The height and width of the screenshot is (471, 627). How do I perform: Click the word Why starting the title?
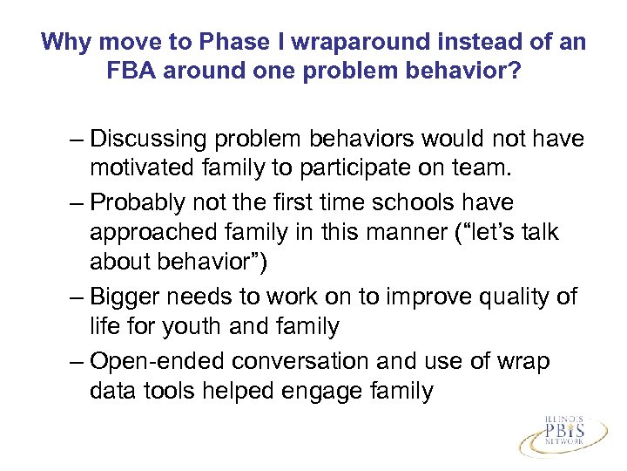(x=64, y=42)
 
